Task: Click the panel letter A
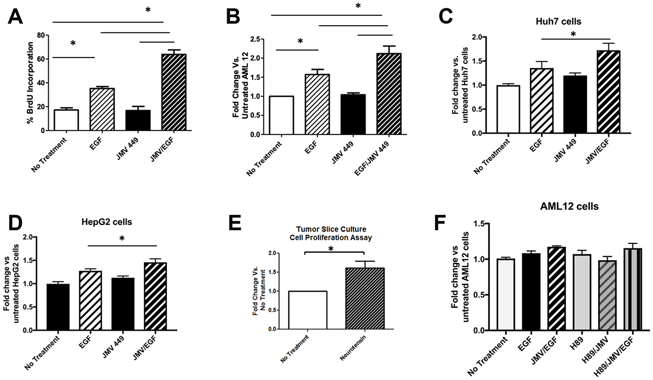coord(15,17)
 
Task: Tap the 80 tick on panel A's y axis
coord(41,35)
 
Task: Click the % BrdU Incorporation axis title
coord(30,83)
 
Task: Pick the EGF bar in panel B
coord(317,104)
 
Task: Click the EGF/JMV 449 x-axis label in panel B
coord(372,158)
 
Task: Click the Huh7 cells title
coord(558,22)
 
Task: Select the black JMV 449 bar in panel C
coord(575,104)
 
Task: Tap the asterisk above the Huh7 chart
coord(573,34)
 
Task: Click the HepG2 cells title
coord(107,222)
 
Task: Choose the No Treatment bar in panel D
coord(58,307)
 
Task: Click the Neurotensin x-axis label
coord(353,348)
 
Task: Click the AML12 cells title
coord(569,207)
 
